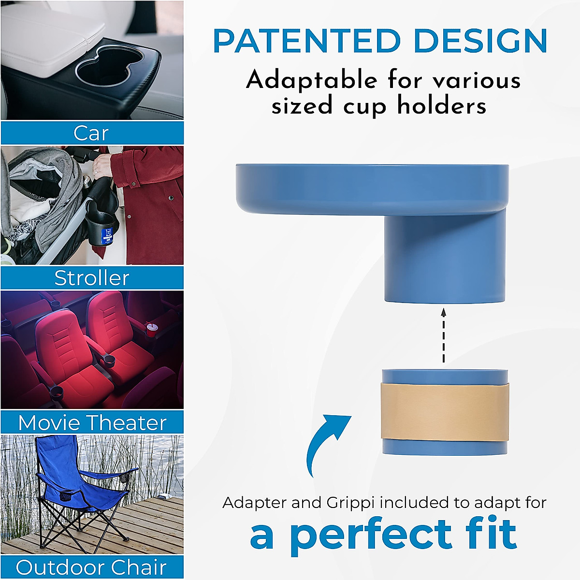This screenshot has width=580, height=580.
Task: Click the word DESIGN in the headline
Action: tap(480, 42)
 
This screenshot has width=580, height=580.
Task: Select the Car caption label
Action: tap(91, 133)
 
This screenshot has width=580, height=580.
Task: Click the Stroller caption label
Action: tap(92, 278)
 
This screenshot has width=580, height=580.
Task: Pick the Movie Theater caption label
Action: tap(92, 423)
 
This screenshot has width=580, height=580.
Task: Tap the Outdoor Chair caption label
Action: tap(91, 567)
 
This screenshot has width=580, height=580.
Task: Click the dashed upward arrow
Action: tap(444, 336)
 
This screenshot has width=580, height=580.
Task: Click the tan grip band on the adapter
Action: tap(444, 411)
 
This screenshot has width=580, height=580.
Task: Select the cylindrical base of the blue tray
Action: tap(444, 259)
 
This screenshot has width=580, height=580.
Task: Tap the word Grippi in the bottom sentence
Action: tap(351, 503)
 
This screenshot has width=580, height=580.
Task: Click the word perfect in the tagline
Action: tap(371, 536)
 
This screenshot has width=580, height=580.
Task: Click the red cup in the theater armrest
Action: tap(152, 331)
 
